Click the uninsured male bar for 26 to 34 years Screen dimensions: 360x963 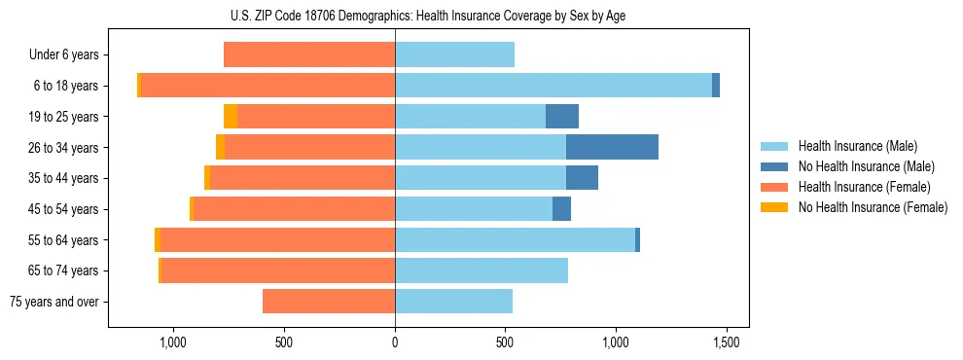click(612, 147)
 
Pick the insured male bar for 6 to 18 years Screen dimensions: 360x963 click(553, 86)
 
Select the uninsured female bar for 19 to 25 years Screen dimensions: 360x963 click(231, 117)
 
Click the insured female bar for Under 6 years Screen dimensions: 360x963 click(309, 54)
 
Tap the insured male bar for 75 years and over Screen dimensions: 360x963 click(453, 302)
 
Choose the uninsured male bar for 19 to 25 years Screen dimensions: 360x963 click(561, 117)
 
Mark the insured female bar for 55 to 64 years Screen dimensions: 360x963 click(229, 240)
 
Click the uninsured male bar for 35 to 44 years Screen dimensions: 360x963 click(582, 178)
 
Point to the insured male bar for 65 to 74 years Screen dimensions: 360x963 click(481, 270)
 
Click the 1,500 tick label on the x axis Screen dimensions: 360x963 click(726, 343)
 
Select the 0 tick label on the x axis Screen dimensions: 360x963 click(395, 343)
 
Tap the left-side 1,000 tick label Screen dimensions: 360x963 click(172, 343)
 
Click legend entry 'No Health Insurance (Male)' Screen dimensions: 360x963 click(866, 166)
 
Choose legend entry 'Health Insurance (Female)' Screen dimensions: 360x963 click(864, 187)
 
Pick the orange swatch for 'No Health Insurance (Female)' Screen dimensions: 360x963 click(774, 207)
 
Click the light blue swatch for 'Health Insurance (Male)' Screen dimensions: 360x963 click(774, 146)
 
